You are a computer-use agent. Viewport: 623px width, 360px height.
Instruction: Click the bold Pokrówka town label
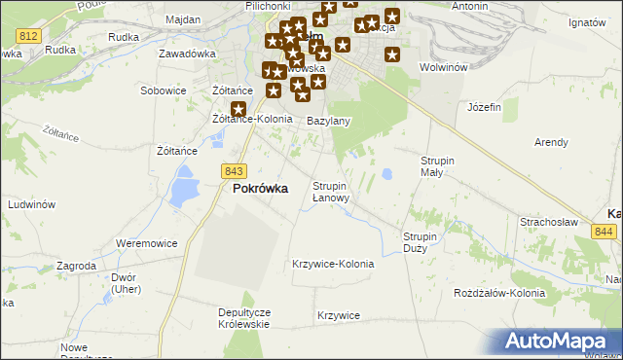[x=260, y=189]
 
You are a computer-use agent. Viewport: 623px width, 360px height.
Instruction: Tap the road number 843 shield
[x=233, y=170]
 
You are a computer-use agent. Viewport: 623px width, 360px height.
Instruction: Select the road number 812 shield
[x=28, y=35]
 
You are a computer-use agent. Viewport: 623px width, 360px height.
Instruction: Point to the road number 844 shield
[x=604, y=231]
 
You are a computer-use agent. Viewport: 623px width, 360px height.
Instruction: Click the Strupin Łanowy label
[x=337, y=191]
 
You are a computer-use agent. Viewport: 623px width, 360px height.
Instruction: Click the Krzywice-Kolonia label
[x=333, y=264]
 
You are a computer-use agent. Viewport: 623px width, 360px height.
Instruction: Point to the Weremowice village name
[x=147, y=241]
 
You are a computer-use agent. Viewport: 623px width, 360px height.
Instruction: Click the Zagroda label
[x=76, y=265]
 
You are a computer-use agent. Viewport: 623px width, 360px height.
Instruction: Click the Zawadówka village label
[x=186, y=54]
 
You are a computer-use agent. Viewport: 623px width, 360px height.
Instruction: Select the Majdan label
[x=183, y=19]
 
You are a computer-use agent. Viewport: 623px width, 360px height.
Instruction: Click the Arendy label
[x=551, y=142]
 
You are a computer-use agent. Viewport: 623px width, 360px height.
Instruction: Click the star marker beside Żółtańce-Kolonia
[x=238, y=110]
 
